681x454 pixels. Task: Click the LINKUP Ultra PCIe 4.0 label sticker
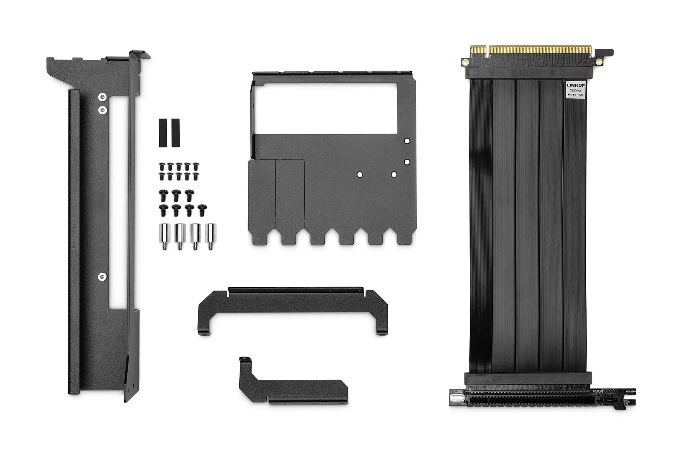click(576, 90)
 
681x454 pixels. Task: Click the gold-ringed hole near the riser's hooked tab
click(599, 62)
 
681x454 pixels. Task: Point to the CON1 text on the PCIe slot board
click(458, 392)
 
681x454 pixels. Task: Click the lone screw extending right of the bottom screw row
click(203, 209)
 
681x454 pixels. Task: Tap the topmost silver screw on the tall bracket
click(103, 97)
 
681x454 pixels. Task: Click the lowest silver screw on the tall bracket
click(102, 277)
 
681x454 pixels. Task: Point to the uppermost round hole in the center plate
click(407, 141)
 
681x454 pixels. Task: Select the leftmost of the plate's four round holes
click(360, 174)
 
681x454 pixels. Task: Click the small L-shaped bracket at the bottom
click(294, 387)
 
